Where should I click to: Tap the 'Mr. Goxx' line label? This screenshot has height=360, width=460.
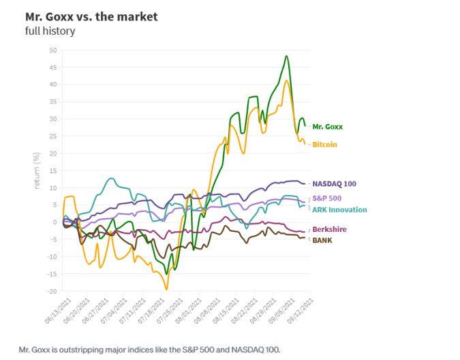point(328,126)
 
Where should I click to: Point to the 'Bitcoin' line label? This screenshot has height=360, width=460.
point(324,145)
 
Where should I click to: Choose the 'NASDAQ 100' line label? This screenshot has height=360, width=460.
point(334,183)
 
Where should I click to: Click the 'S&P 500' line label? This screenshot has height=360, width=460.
point(327,197)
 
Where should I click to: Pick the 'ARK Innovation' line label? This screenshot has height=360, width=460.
point(339,209)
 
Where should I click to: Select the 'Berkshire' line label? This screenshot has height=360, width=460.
point(329,229)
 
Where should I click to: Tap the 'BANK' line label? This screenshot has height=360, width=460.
point(322,239)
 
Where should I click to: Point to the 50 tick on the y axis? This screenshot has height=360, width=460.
point(53,50)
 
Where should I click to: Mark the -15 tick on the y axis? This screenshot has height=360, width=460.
point(52,274)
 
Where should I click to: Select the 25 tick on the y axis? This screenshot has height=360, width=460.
point(53,136)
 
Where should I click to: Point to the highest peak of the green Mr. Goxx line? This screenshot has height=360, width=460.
point(286,56)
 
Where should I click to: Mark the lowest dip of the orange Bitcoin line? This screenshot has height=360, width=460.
point(166,289)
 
